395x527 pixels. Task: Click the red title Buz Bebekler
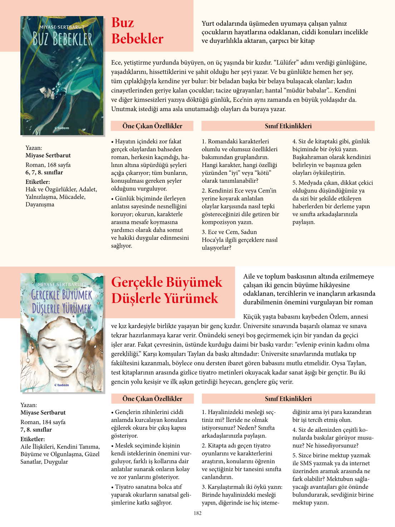[137, 31]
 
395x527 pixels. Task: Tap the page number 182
[198, 513]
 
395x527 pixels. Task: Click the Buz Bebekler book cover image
[62, 75]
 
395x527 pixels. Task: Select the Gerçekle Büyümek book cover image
[62, 333]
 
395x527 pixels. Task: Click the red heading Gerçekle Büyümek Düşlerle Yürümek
[167, 290]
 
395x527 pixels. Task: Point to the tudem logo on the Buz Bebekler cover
[62, 128]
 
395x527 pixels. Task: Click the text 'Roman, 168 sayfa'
[48, 165]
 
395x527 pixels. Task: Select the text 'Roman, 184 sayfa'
[43, 422]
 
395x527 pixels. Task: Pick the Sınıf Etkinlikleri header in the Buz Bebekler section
[288, 126]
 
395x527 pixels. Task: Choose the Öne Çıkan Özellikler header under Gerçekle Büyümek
[152, 399]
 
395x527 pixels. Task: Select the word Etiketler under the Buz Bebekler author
[38, 182]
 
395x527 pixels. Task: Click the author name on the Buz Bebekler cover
[61, 27]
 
